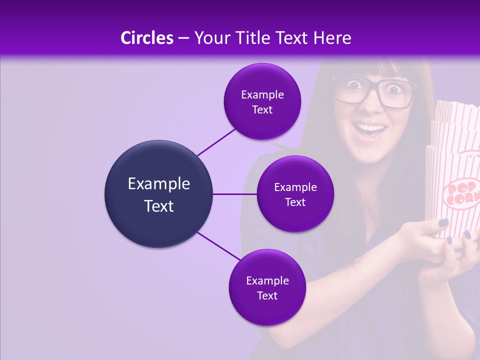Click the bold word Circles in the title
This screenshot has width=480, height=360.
coord(146,38)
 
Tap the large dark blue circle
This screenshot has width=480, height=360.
coord(159,194)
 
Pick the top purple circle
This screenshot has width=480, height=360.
coord(262,101)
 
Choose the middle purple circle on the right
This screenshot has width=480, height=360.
coord(295,194)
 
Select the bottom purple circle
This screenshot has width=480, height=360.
coord(267,287)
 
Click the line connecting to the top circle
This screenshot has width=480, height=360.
coord(216,142)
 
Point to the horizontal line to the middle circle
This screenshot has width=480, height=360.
coord(235,194)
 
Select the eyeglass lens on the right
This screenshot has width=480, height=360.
coord(398,92)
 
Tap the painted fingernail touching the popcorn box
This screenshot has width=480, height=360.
coord(443,222)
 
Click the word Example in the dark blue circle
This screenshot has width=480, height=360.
coord(159,183)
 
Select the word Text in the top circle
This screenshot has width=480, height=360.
coord(262,109)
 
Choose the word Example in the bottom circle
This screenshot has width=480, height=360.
coord(267,280)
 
